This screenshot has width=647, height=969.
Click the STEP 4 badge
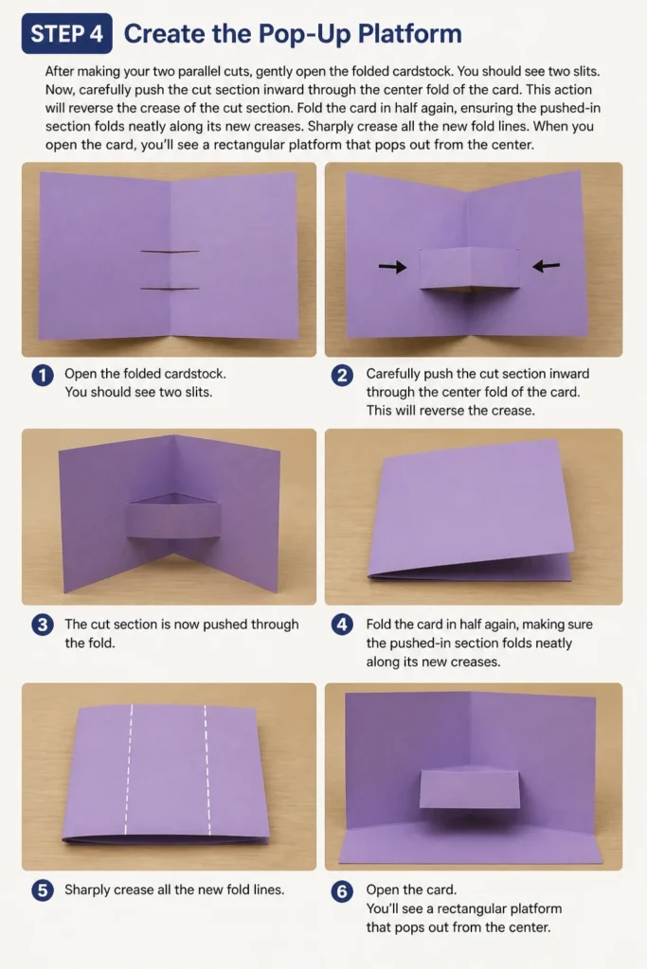(67, 33)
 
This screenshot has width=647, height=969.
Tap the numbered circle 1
(43, 375)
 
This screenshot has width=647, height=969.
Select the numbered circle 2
(342, 375)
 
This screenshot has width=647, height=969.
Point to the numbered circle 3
(43, 625)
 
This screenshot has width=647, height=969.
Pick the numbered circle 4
(342, 625)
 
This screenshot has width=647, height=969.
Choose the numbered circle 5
(43, 890)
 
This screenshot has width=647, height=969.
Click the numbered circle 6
(342, 891)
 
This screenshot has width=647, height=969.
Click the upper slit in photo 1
(171, 252)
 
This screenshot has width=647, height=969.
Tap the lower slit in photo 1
(171, 289)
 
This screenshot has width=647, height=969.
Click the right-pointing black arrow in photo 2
(393, 267)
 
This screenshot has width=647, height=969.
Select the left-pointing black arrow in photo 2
(547, 266)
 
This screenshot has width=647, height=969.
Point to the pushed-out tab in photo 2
(469, 268)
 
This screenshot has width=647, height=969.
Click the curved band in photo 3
(173, 520)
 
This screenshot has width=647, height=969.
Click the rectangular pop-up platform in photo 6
(470, 789)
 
